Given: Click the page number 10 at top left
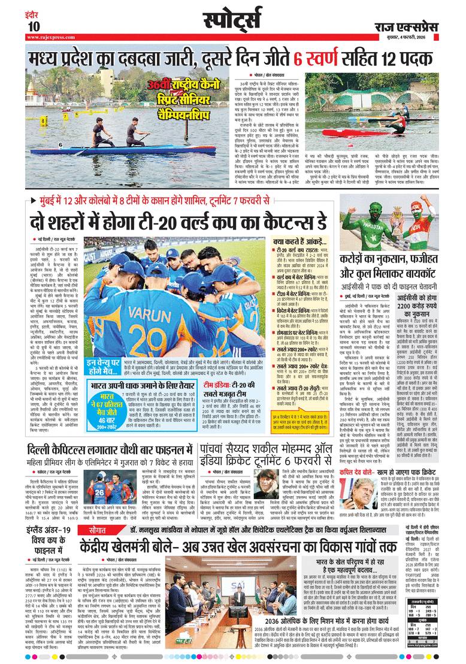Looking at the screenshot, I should coord(33,26).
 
